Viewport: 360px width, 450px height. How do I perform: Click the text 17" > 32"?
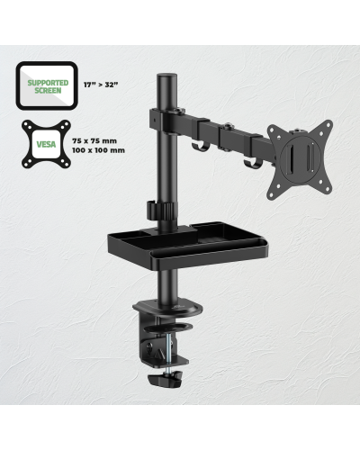point(101,85)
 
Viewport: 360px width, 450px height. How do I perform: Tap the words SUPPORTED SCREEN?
point(48,86)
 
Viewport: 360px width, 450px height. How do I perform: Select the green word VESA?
point(46,144)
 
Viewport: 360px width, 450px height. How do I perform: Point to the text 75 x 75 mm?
point(94,140)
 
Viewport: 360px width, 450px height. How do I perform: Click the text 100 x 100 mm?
point(98,150)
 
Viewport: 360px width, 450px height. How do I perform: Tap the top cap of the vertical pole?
point(166,75)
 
